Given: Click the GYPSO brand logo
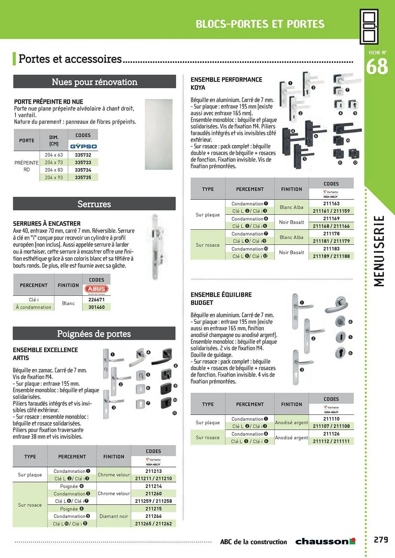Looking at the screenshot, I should (83, 146).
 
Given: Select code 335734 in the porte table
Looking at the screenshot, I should (83, 170).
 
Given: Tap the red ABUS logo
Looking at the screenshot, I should (96, 289).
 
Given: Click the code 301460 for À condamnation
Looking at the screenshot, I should (96, 307).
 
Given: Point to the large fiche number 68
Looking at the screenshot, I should (377, 67).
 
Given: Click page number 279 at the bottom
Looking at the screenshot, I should (381, 540).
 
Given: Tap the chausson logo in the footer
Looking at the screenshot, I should (325, 542).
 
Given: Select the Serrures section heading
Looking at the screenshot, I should (94, 204).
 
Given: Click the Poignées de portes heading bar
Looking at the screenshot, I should (94, 334).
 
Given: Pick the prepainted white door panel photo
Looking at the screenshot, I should (159, 134).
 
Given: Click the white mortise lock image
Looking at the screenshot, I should (155, 247).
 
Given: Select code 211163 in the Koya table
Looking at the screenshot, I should (331, 204).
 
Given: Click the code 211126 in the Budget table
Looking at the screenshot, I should (331, 434).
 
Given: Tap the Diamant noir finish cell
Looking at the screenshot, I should (114, 516).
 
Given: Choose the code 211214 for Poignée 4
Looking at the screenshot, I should (153, 486).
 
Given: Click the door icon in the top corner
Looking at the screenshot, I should (369, 27).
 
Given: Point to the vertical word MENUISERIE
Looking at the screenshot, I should (379, 251).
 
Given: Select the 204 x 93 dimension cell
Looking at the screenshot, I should (54, 177).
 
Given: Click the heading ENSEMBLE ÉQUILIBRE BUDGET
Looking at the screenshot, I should (221, 299).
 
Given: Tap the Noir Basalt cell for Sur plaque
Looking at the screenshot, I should (291, 222).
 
